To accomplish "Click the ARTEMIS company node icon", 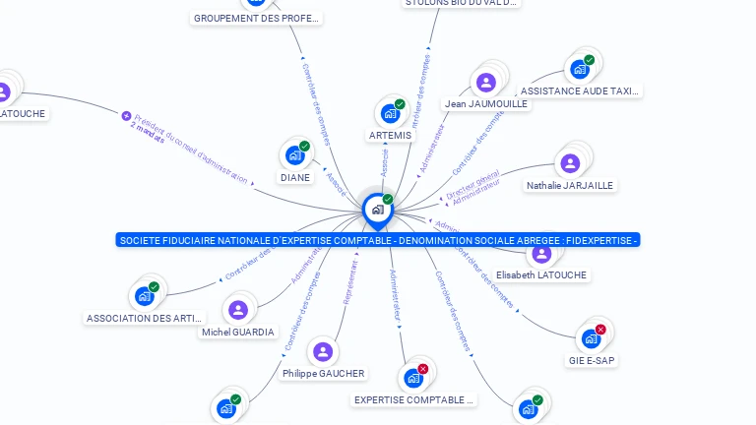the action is (x=390, y=113).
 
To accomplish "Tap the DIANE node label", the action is (x=295, y=178).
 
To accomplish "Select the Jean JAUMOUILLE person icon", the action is (x=485, y=83).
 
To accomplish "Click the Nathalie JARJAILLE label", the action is (x=570, y=185).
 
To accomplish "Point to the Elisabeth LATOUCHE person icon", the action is (x=541, y=254).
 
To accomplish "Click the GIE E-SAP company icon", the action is (x=591, y=338).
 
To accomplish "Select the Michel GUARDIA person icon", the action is (x=238, y=310).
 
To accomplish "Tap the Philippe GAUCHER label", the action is (x=323, y=373).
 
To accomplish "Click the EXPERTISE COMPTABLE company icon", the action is (x=413, y=378).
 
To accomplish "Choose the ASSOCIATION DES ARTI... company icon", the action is (x=145, y=296).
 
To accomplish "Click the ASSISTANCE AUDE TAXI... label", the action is (x=580, y=91).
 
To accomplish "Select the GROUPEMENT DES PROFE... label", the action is (x=257, y=19).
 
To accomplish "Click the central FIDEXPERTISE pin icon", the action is (x=377, y=210).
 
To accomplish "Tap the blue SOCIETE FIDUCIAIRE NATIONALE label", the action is (x=378, y=240).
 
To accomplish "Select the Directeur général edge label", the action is (x=472, y=185).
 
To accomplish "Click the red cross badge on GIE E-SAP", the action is (x=600, y=330).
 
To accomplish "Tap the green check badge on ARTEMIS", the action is (x=400, y=104).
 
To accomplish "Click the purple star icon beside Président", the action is (x=126, y=115).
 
